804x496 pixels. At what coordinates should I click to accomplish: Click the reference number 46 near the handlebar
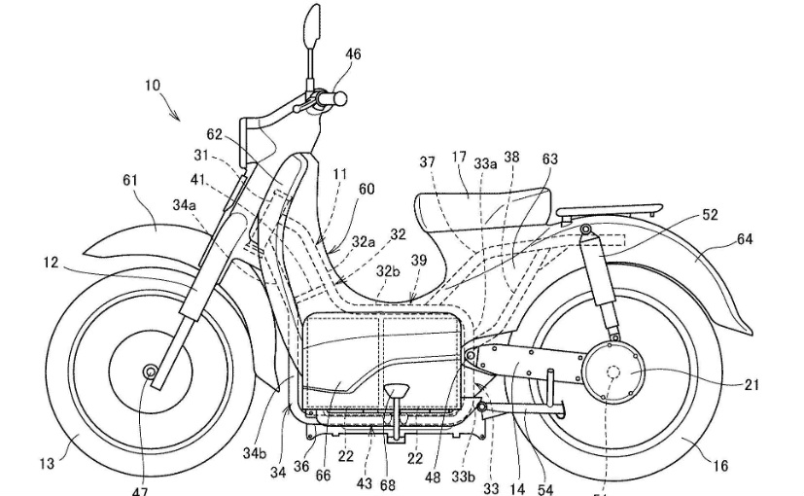coord(353,54)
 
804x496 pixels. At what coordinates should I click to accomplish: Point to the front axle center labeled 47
coord(151,372)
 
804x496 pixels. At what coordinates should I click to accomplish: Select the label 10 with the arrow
coord(153,86)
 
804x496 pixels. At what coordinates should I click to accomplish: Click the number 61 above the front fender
coord(130,180)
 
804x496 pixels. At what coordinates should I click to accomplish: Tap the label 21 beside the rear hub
coord(752,385)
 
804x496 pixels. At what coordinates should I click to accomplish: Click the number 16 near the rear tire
coord(719,467)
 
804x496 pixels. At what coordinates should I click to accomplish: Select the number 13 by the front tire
coord(47,464)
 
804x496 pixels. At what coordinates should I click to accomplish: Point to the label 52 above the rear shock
coord(710,215)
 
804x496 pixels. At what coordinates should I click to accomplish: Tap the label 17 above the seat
coord(459,158)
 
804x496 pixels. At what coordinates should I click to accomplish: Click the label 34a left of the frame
coord(185,205)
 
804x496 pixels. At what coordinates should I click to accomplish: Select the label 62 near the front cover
coord(214,135)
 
